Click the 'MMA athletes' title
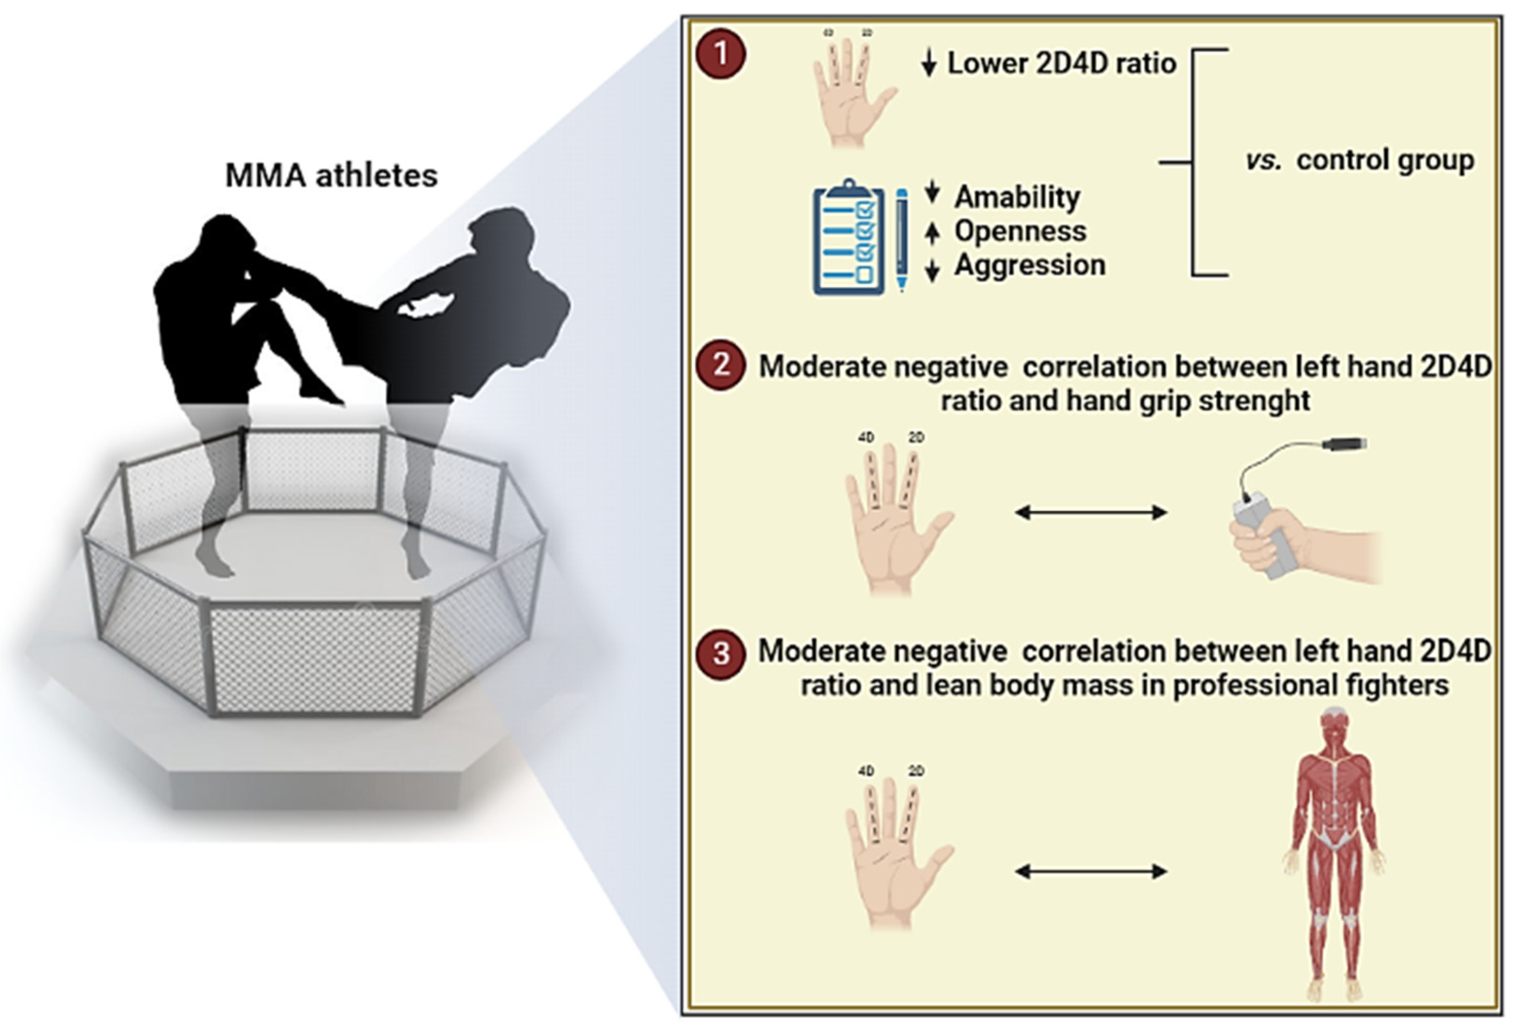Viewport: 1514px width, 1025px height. (331, 175)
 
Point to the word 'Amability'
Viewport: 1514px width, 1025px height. (1017, 196)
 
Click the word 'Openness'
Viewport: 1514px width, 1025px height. (1020, 231)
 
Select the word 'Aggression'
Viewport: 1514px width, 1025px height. (1029, 265)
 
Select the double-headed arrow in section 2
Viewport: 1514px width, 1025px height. (1091, 513)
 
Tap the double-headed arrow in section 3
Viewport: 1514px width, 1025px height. (1091, 871)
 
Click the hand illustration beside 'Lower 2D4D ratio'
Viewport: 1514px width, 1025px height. (850, 91)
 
